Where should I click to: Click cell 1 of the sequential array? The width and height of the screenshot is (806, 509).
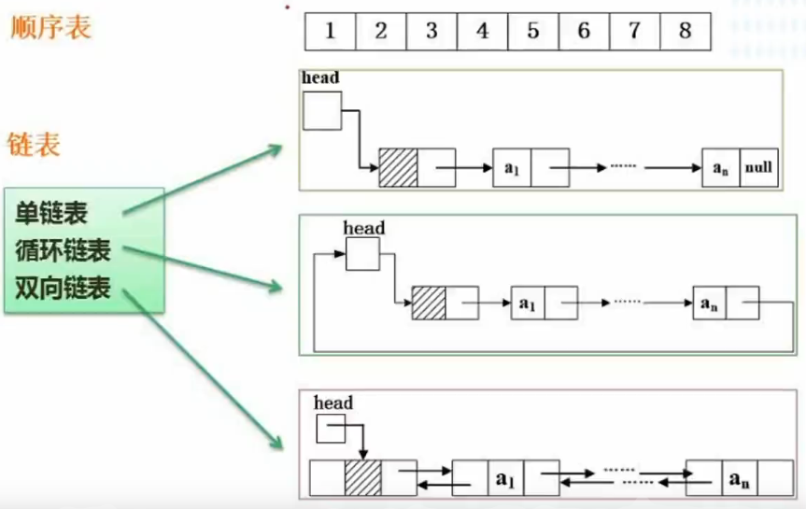tap(331, 31)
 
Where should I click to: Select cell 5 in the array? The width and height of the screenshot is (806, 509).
tap(533, 31)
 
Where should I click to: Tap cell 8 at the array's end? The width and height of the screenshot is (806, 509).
tap(685, 31)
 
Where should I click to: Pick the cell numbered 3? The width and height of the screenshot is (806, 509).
tap(431, 31)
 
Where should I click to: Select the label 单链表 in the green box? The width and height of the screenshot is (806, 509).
tap(51, 214)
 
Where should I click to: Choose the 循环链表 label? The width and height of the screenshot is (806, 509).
tap(63, 251)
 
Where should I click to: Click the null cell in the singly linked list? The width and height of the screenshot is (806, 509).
tap(757, 168)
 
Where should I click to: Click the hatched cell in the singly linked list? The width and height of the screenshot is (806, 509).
tap(398, 167)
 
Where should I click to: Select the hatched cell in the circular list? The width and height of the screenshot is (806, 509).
tap(429, 304)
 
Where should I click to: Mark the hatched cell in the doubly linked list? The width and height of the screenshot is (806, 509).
tap(363, 476)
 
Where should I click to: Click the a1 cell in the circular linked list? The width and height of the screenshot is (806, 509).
tap(528, 304)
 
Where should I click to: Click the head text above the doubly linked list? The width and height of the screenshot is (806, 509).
tap(333, 403)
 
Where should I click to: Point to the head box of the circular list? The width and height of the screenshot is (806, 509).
tap(362, 254)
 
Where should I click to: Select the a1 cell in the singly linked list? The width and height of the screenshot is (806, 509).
tap(512, 168)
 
